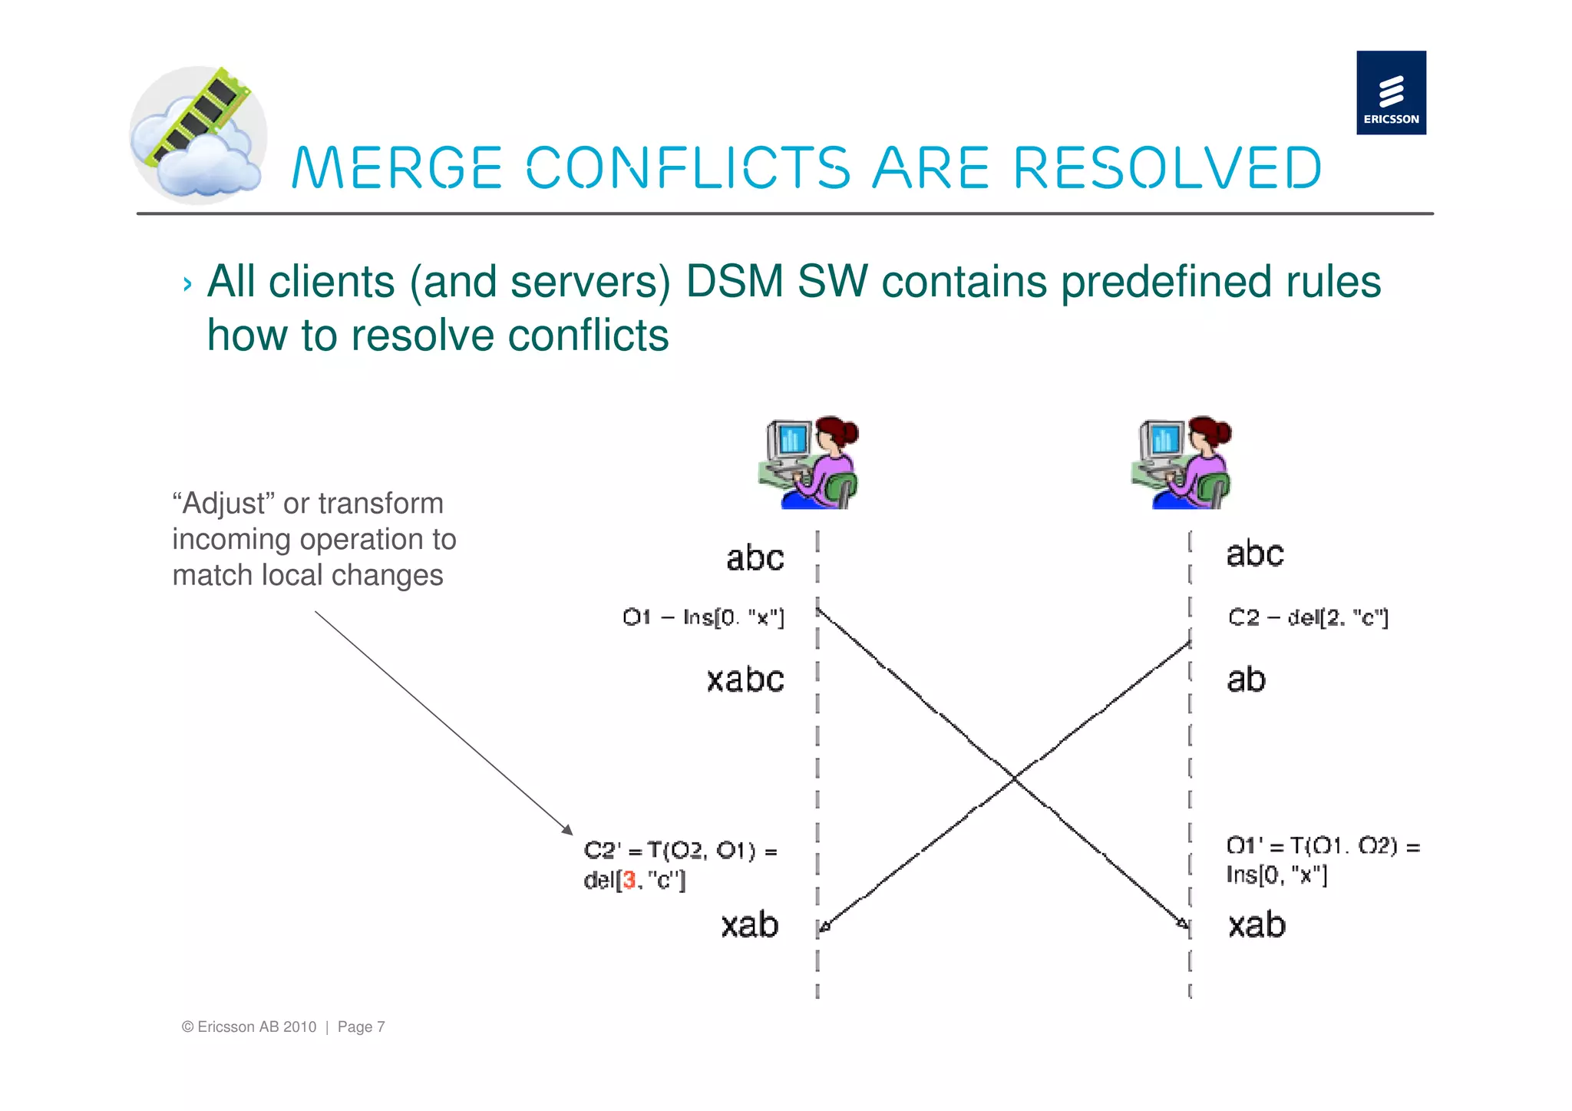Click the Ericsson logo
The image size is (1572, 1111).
pos(1390,93)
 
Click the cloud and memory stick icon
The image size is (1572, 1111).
pos(198,135)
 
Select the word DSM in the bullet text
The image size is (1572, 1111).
pos(734,281)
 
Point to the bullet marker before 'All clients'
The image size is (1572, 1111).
pos(187,285)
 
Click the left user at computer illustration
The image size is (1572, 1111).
pos(808,463)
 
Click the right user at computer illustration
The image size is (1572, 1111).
pos(1181,463)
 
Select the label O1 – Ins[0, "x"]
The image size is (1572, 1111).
pos(703,617)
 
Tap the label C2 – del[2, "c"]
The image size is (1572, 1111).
pos(1308,617)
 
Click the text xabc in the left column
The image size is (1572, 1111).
pos(745,679)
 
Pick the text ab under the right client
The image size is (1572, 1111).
pos(1245,679)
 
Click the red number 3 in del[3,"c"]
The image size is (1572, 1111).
pos(629,880)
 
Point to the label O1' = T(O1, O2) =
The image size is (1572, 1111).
pos(1323,846)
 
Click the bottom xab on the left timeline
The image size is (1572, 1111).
pos(749,924)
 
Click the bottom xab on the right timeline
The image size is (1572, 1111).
pos(1257,924)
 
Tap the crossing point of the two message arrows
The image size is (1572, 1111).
pos(1015,779)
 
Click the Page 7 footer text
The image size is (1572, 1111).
pos(361,1027)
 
